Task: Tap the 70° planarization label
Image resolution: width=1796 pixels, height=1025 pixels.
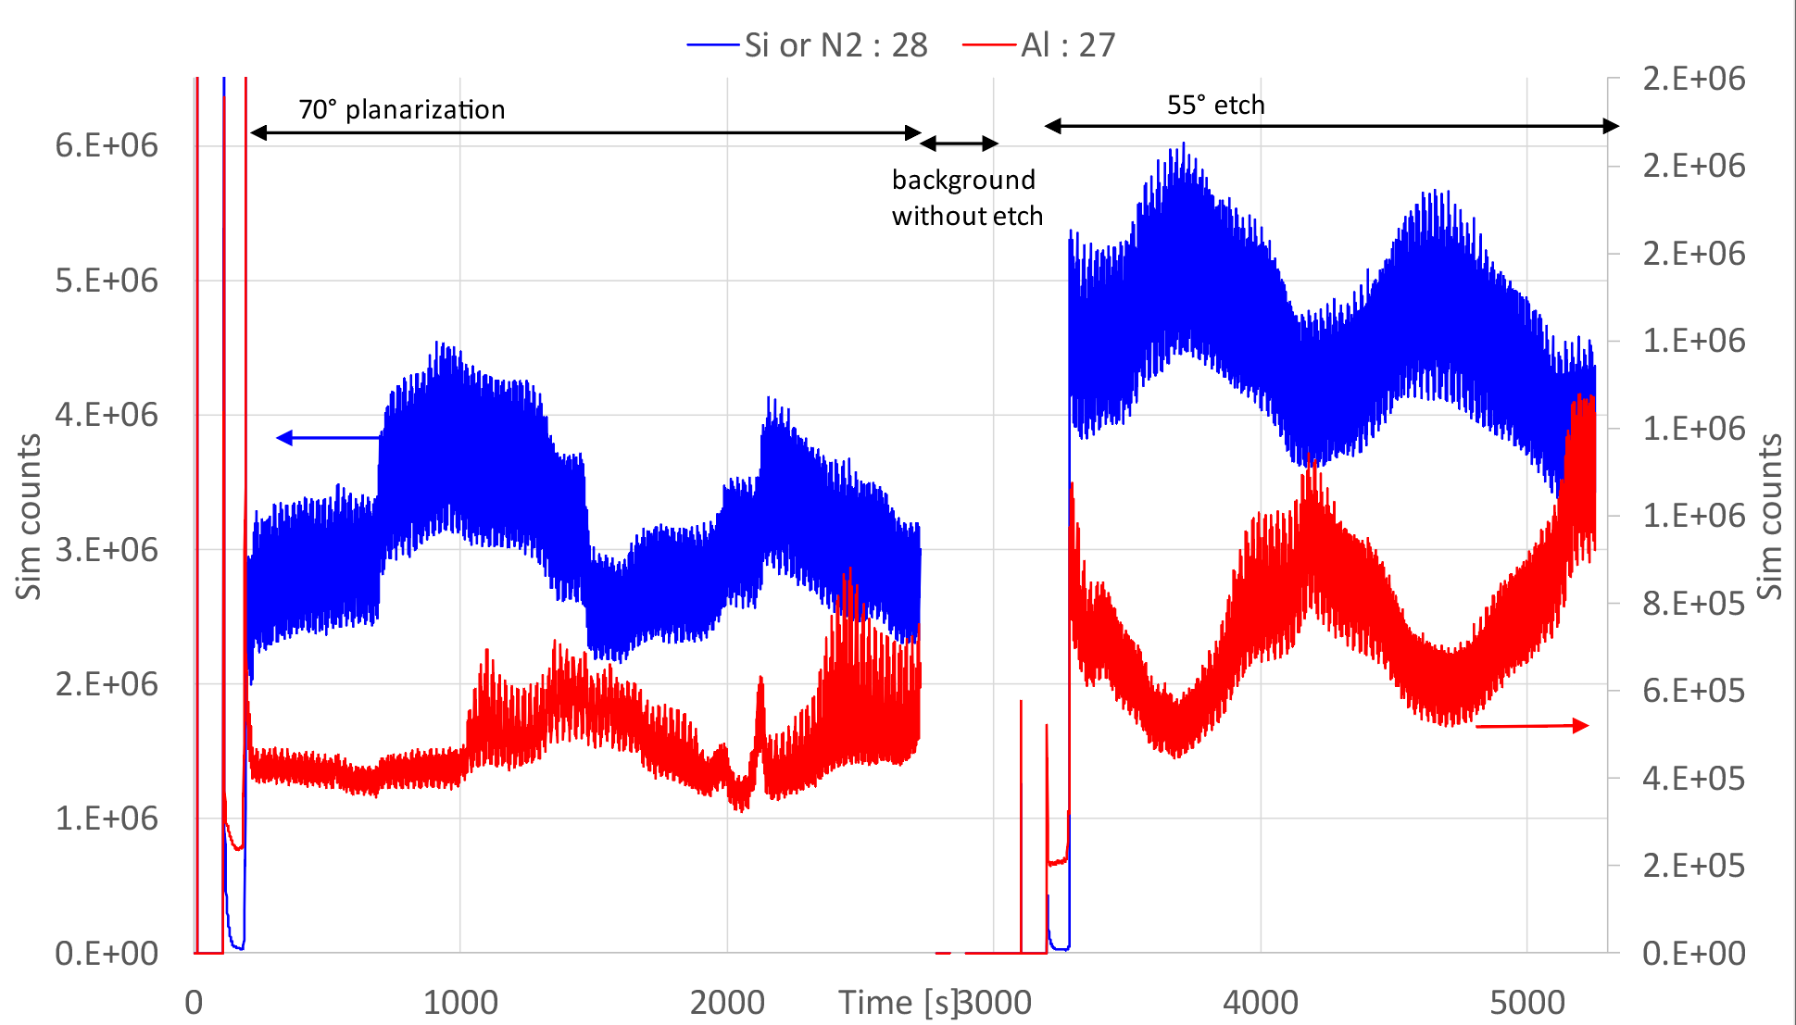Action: point(401,110)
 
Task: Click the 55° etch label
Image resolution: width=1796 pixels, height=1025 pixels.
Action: point(1215,106)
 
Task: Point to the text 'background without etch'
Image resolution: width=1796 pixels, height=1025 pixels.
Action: point(966,197)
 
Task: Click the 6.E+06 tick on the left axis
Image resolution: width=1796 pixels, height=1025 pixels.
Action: point(107,145)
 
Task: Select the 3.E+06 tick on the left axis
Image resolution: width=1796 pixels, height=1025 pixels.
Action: point(107,549)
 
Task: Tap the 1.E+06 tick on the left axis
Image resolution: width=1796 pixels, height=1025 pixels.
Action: point(107,819)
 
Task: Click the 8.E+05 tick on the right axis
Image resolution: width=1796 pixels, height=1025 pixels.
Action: point(1693,604)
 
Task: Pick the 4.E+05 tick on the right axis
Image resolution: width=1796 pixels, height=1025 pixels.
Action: point(1693,779)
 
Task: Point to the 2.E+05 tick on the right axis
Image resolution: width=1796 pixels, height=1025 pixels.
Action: point(1693,866)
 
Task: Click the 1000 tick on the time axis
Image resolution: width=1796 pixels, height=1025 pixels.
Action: point(460,1003)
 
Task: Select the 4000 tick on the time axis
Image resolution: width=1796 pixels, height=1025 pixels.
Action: point(1261,1003)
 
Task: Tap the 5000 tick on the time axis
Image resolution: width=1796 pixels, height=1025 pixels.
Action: point(1527,1003)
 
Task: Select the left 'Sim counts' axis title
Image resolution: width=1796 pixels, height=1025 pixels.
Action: point(29,517)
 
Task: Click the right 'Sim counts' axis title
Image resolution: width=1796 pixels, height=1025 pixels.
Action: point(1769,517)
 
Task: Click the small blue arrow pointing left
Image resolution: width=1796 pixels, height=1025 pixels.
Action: point(328,437)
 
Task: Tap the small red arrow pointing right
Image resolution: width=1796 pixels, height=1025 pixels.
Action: point(1532,726)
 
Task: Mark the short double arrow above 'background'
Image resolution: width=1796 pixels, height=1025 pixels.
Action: point(959,144)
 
